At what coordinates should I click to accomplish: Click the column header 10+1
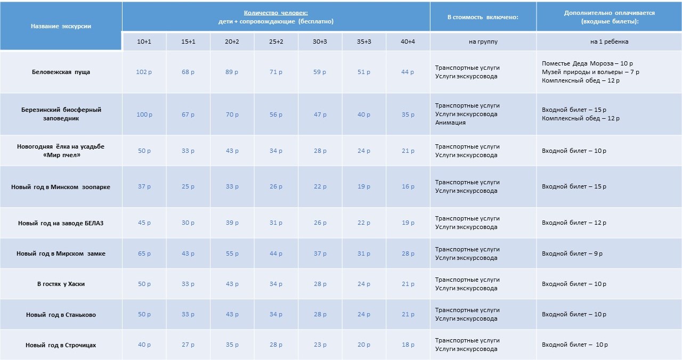(x=144, y=42)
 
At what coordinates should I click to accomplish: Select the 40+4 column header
(x=408, y=42)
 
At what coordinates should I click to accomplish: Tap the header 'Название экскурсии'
(x=61, y=26)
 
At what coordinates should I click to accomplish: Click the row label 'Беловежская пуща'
(x=61, y=72)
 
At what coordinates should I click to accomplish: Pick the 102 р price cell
(x=144, y=72)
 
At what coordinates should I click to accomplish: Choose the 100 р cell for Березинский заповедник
(x=144, y=114)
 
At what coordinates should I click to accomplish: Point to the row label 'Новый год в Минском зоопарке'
(x=61, y=187)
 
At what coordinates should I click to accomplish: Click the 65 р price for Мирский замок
(x=144, y=253)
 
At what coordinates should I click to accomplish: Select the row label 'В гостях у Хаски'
(x=61, y=284)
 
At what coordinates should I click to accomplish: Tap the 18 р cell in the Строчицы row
(x=408, y=345)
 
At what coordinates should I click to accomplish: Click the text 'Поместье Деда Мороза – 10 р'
(x=587, y=63)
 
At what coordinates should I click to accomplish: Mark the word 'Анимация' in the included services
(x=450, y=122)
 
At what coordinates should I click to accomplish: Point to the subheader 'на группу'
(x=483, y=42)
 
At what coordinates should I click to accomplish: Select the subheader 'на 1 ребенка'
(x=609, y=42)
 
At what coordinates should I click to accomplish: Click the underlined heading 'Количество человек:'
(x=276, y=13)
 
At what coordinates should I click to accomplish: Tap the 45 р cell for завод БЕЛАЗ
(x=144, y=223)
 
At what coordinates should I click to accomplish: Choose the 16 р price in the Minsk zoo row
(x=408, y=187)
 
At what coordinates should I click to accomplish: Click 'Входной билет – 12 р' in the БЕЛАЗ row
(x=574, y=223)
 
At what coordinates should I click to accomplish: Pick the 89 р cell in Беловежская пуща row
(x=232, y=72)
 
